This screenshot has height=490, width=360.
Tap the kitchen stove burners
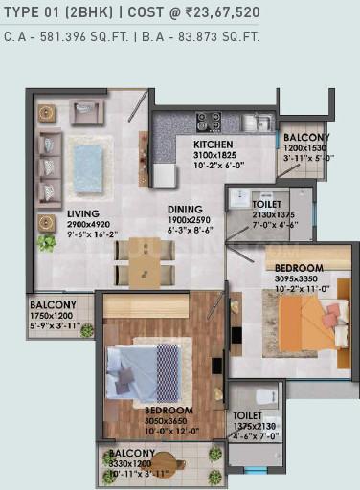pos(209,122)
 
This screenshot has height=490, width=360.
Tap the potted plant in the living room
pos(45,242)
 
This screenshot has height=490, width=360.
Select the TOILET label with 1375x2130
pos(247,415)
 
